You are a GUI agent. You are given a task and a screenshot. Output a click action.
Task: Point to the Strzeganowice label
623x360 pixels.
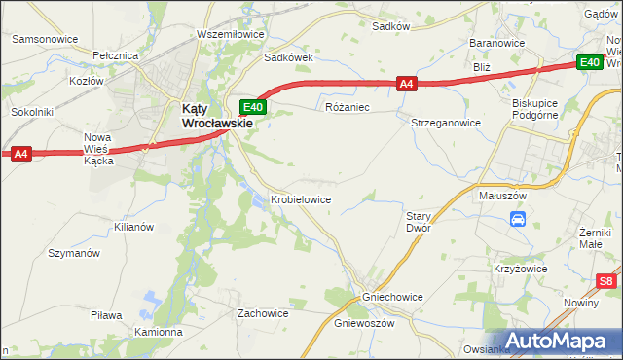coord(446,124)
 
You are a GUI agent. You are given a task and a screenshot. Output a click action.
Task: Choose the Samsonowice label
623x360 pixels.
coord(45,39)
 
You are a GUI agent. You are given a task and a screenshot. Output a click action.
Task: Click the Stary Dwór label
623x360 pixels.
coord(419,222)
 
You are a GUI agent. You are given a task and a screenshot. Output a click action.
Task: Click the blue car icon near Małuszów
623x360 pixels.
coord(519,220)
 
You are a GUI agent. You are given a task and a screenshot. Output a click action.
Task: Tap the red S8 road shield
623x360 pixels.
coord(606,282)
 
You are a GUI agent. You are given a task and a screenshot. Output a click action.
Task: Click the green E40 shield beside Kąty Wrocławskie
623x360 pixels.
coord(253,106)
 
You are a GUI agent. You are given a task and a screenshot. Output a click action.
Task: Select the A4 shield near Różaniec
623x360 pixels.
coord(408,85)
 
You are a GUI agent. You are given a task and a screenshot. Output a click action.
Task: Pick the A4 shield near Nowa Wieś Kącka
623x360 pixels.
coord(21,153)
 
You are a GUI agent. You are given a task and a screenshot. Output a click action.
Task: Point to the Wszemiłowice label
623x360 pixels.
coord(231,34)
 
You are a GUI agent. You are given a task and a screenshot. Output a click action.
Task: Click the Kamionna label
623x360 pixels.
coord(159,332)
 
